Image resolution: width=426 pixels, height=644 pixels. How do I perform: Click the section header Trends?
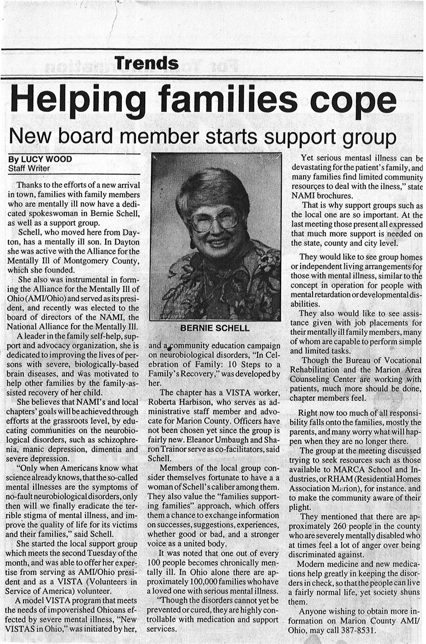point(146,63)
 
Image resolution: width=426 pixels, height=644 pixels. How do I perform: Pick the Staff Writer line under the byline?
point(29,168)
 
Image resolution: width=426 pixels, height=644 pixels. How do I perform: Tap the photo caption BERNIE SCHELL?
point(215,328)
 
